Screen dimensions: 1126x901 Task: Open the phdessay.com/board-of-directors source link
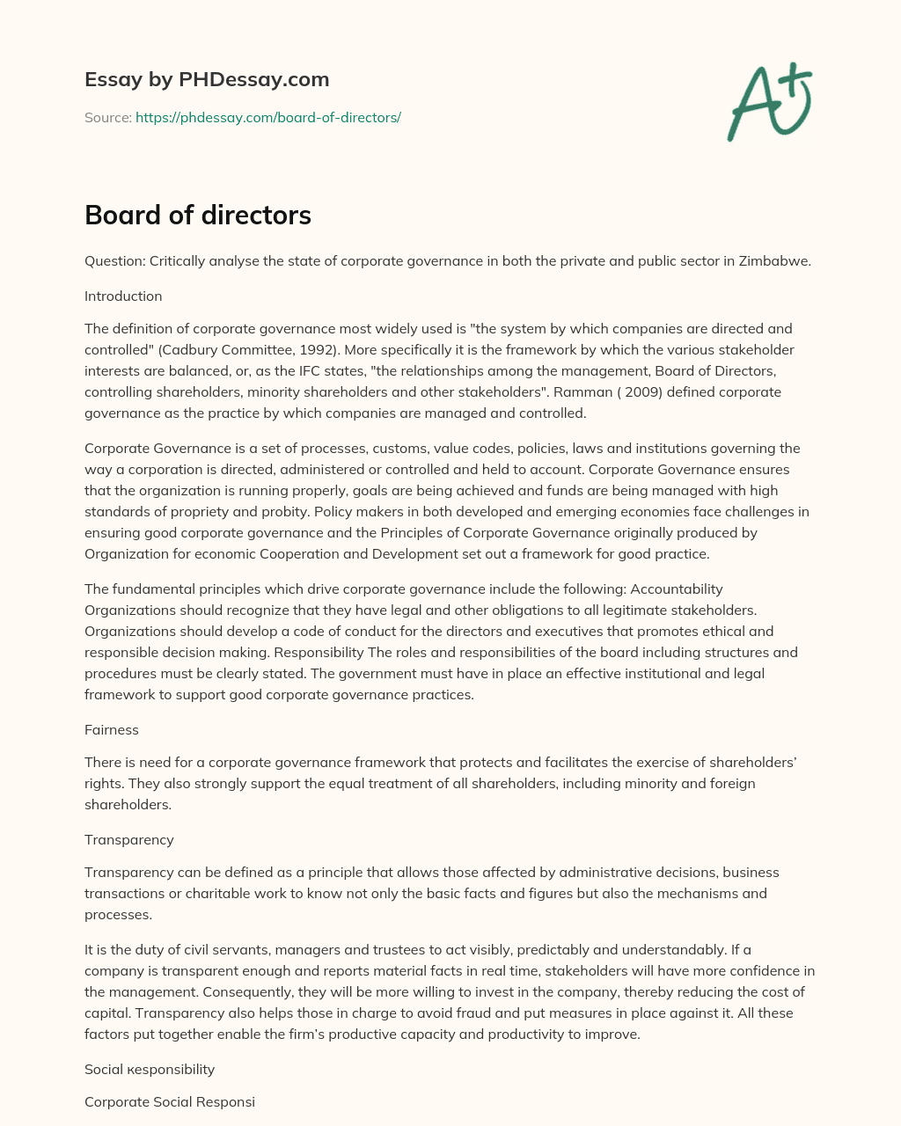coord(267,117)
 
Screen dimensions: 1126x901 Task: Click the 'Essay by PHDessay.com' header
coord(207,80)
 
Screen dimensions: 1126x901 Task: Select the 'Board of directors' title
coord(198,216)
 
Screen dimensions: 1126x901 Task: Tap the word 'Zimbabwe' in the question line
coord(779,261)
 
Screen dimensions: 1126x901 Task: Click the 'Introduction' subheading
coord(123,296)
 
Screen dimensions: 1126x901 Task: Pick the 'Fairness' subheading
coord(112,730)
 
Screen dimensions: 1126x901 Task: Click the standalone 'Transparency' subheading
coord(129,840)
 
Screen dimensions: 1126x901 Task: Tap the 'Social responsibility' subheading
coord(150,1070)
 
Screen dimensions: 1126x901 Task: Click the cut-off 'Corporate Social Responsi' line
coord(170,1102)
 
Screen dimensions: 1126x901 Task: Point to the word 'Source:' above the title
coord(108,117)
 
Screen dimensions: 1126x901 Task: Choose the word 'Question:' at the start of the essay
coord(115,261)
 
